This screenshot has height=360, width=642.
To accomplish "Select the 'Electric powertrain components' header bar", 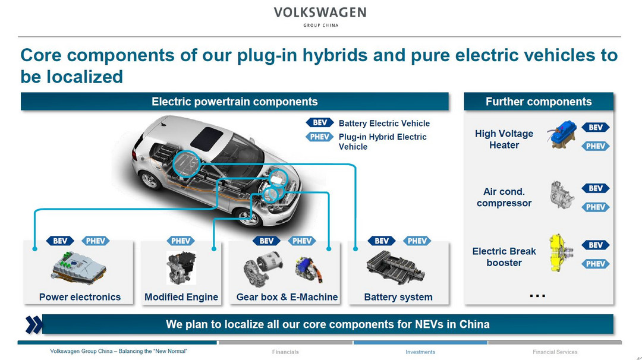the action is coord(235,102).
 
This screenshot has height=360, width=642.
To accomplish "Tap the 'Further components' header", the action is coord(539,102).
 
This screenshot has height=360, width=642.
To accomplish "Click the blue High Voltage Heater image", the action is coord(562,135).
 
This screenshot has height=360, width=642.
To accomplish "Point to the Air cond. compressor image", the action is coord(562,195).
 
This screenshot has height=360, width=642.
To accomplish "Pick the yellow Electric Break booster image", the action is coord(560,252).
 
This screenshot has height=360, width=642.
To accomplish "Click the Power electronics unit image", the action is coord(78,269).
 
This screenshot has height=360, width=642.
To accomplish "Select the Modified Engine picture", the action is coord(181,268).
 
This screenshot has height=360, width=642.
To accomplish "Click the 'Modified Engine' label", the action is coord(181,297).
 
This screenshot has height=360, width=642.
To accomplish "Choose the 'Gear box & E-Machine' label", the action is coord(287,297).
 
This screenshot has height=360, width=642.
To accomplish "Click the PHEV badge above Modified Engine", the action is coord(181,241).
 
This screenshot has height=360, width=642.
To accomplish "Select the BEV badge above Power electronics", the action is coord(60,241).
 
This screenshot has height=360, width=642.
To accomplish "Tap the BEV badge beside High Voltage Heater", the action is coord(596,127).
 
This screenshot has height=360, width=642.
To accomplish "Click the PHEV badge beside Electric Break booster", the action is coord(596,264).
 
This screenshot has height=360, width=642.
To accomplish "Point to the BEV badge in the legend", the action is coord(320,123).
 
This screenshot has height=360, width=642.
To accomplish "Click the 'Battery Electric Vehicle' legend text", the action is coord(384,123).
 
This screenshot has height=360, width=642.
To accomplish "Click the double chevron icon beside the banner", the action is coord(33,324).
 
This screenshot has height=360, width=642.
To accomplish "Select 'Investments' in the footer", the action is coord(420,352).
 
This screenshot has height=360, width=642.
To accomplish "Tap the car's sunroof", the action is coord(207,138).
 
